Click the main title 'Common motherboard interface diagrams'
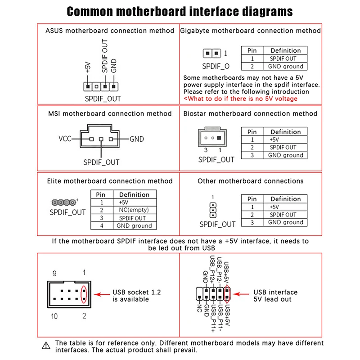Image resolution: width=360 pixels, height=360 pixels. (x=180, y=11)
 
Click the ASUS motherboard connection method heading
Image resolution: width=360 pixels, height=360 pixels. (x=110, y=31)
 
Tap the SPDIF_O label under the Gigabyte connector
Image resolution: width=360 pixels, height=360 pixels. (x=216, y=66)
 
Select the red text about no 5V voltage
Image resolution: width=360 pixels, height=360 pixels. (x=240, y=99)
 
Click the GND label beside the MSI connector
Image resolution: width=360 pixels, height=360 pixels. (x=137, y=139)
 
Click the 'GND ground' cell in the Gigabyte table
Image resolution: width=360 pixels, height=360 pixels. (x=286, y=66)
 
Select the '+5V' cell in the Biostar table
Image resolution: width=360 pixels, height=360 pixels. (x=286, y=139)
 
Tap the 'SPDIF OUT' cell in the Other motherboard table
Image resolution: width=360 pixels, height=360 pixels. (x=286, y=215)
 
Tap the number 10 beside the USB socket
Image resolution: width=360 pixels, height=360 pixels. (x=54, y=316)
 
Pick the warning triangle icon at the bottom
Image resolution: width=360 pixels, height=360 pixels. (x=46, y=346)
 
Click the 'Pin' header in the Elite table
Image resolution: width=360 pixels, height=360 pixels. (x=101, y=194)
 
